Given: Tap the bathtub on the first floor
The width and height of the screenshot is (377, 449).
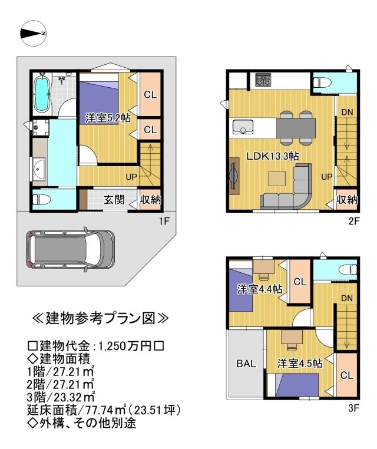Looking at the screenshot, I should [x=42, y=94].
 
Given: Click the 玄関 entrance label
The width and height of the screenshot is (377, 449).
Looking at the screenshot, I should [x=114, y=199].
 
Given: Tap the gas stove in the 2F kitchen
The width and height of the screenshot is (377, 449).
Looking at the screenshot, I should [x=263, y=80].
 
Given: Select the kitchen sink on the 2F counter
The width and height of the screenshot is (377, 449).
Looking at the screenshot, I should [x=243, y=127].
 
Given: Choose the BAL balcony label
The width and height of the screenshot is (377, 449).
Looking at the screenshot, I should [x=246, y=364].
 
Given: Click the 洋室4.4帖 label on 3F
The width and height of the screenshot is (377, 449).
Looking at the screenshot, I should [x=259, y=289].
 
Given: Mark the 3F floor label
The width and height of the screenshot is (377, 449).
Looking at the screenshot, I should [x=352, y=406].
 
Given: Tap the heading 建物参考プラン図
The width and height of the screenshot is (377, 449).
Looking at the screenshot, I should [x=100, y=319].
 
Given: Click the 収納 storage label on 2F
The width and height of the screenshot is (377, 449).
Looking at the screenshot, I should [x=346, y=200].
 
